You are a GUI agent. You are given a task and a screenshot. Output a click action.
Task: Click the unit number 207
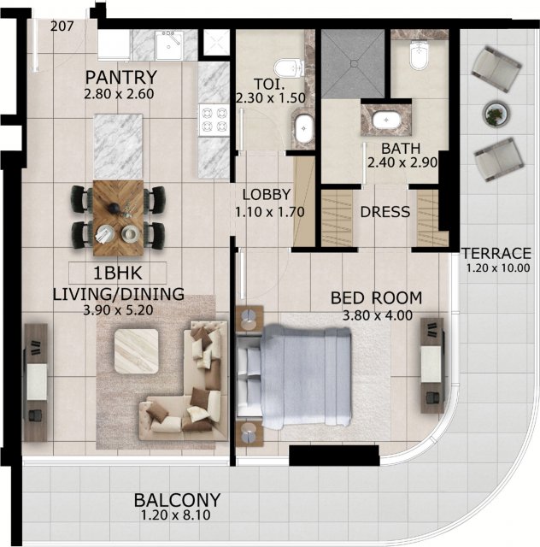[x=62, y=26]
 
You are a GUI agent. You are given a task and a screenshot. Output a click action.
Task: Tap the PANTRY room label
[x=121, y=78]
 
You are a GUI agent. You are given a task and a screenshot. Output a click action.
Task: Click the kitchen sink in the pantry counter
[x=169, y=45]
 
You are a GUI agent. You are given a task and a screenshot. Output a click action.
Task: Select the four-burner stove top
[x=214, y=121]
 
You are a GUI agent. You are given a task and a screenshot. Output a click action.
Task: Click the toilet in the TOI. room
[x=289, y=68]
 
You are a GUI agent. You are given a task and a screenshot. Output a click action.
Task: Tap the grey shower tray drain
[x=354, y=63]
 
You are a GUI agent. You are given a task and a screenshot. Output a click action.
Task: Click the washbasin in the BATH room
[x=386, y=120]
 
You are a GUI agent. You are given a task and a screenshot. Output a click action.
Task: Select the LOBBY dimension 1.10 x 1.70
[x=270, y=212]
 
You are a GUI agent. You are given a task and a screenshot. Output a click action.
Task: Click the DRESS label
[x=385, y=212]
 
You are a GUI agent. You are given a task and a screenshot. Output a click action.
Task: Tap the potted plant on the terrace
[x=496, y=114]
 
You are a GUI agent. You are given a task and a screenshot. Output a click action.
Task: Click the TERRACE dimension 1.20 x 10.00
[x=498, y=268]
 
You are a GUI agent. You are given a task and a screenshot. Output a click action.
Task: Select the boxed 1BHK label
[x=118, y=273]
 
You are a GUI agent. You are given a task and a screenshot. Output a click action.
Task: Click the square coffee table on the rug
[x=137, y=351]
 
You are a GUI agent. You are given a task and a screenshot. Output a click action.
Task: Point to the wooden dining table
[x=118, y=218]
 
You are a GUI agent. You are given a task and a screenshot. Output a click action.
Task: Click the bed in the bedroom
[x=294, y=376]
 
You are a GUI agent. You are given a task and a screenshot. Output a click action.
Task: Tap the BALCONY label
[x=177, y=500]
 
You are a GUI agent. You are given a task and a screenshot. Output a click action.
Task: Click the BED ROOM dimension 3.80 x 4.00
[x=378, y=315]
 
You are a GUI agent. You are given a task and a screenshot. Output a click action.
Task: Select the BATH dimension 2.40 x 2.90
[x=402, y=163]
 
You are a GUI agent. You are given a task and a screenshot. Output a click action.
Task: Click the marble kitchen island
[x=118, y=147]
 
